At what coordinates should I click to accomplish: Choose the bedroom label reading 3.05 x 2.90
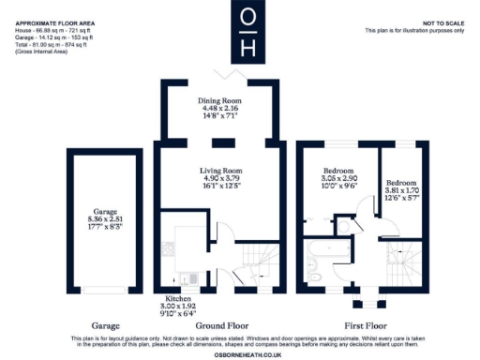click(x=337, y=178)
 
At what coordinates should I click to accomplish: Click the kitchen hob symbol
click(x=169, y=248)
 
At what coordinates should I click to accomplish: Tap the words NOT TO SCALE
click(x=441, y=22)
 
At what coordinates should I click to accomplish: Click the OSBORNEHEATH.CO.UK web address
click(x=240, y=352)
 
